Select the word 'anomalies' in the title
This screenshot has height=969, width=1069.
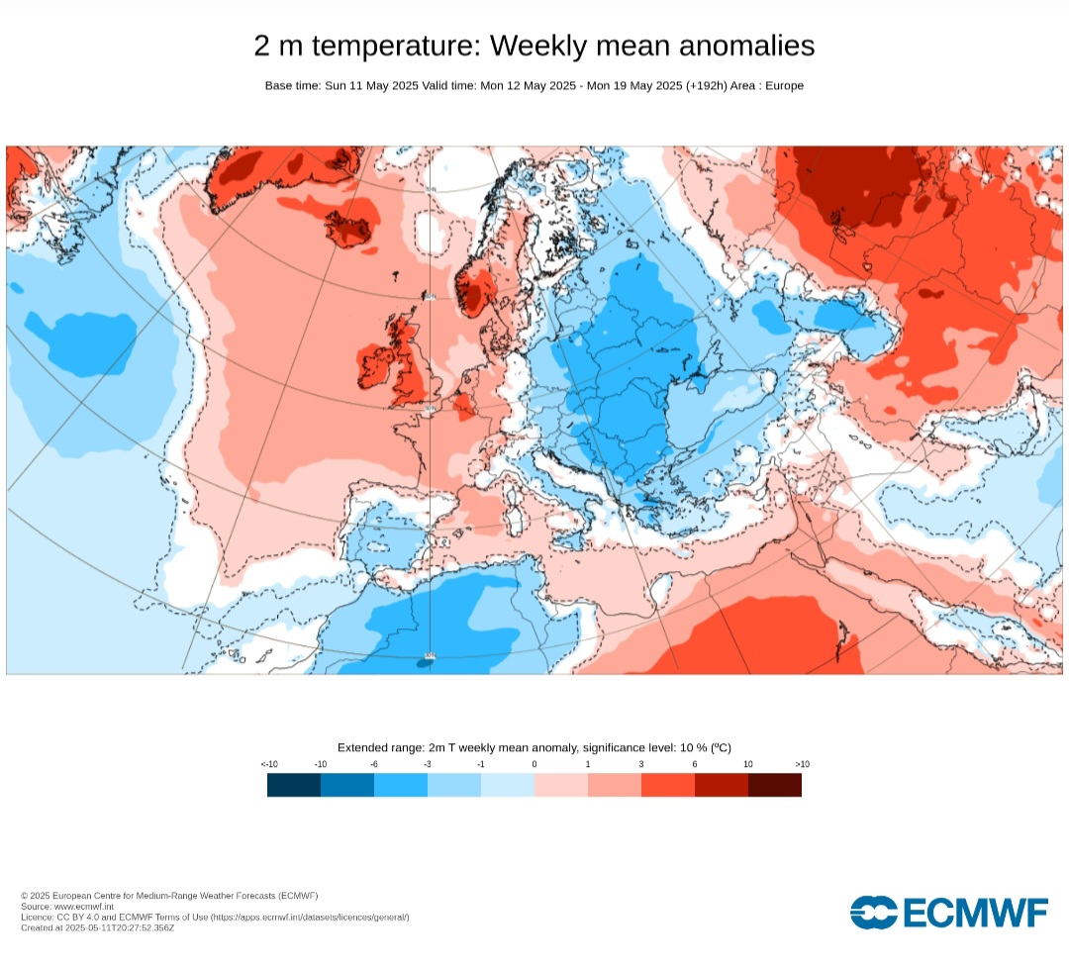coord(738,47)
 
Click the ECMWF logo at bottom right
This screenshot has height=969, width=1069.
coord(948,912)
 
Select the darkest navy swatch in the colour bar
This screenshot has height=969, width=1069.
coord(294,785)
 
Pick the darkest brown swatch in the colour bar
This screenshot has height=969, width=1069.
coord(775,785)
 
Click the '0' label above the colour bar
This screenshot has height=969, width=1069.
coord(534,764)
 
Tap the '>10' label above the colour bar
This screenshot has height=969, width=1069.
coord(802,764)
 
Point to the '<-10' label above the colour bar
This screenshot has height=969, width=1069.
coord(268,764)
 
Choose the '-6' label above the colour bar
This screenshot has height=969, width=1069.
coord(374,764)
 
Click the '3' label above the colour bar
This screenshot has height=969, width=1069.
coord(641,764)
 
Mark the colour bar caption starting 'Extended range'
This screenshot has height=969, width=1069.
coord(534,747)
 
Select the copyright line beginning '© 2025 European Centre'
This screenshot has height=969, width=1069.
coord(169,896)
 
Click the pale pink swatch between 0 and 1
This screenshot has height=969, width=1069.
coord(561,785)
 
